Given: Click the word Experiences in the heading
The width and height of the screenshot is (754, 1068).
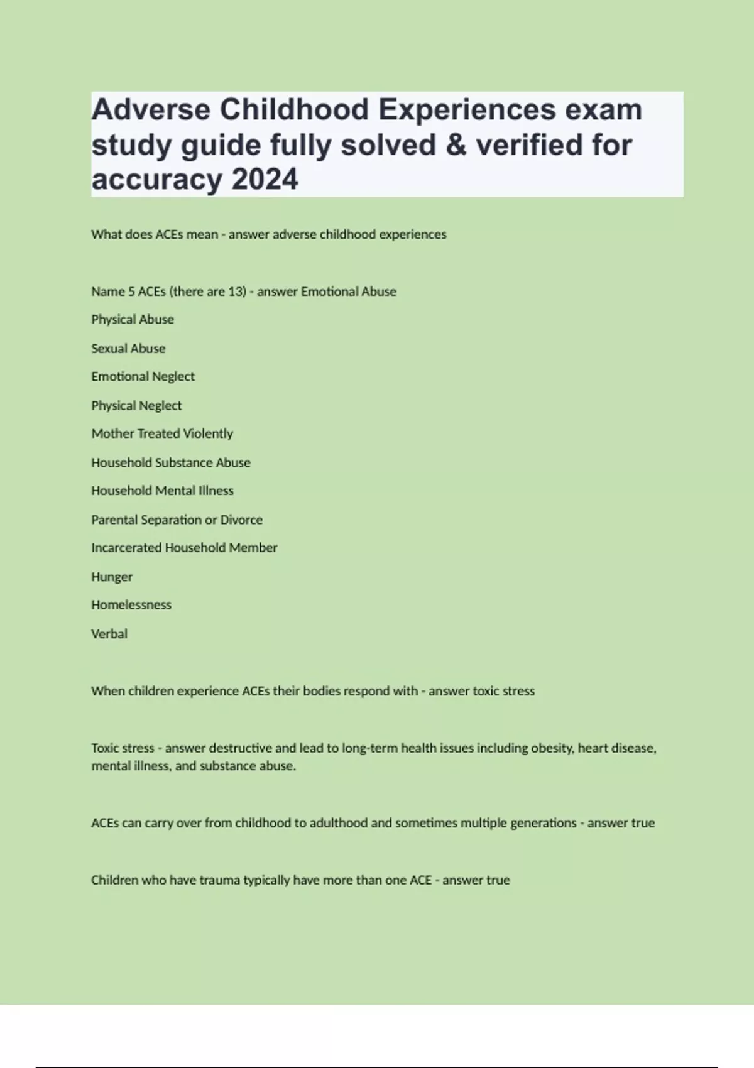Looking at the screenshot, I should pos(466,111).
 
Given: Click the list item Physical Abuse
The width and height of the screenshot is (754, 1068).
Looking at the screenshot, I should pos(133,320).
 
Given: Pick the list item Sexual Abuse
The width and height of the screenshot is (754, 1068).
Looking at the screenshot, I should pos(128,349).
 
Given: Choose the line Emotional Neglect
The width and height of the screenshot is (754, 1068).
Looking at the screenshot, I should pos(143,377).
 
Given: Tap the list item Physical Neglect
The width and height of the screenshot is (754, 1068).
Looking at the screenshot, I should pos(136,406).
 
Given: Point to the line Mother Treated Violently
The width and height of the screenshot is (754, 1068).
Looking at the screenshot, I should pos(162,433).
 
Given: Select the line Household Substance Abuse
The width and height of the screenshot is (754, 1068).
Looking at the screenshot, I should pos(171,463).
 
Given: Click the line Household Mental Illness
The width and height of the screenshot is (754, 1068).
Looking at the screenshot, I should pos(162,491).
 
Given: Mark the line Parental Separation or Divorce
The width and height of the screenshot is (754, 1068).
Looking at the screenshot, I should pos(177,520).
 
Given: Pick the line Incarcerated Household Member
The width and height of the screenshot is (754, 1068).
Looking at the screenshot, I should pos(184,548).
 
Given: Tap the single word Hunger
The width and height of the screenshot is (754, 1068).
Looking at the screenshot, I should pos(112,577).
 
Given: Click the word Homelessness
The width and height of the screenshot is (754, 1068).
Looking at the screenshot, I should pos(131,605).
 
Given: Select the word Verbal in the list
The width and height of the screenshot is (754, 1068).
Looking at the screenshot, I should pos(109,634).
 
